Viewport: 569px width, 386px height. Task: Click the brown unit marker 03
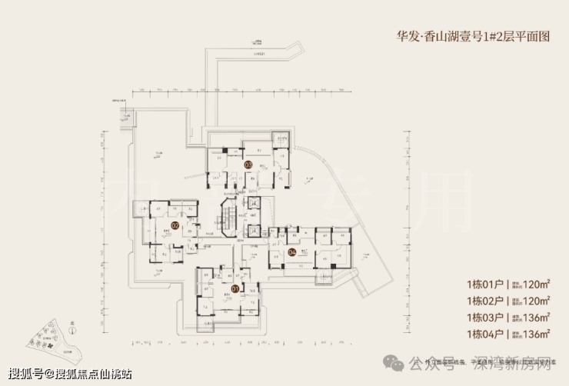[248, 165]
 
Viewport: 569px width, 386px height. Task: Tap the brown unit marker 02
[175, 226]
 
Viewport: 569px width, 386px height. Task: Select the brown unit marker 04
[291, 251]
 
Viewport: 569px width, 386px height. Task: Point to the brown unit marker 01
[235, 291]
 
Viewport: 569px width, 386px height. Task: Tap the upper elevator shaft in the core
[255, 203]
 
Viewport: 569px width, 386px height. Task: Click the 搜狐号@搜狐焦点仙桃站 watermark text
[68, 374]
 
